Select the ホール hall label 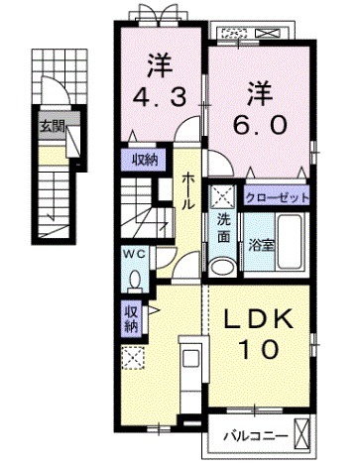point(188,189)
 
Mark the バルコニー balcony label point(255,436)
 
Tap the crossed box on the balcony point(303,435)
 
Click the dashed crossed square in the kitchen point(131,358)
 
